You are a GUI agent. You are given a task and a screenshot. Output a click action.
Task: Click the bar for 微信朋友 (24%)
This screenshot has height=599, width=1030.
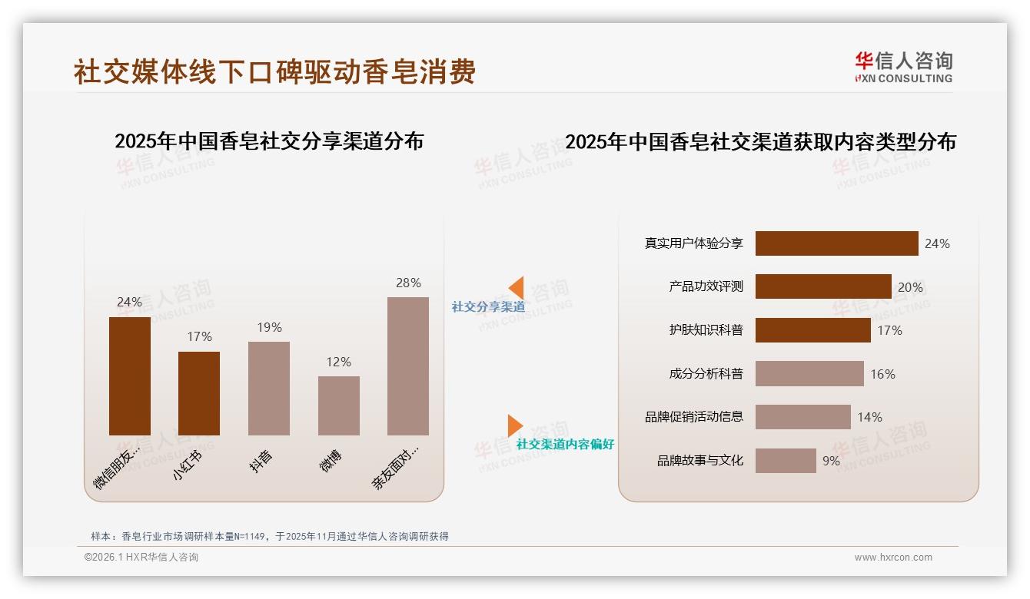tap(129, 376)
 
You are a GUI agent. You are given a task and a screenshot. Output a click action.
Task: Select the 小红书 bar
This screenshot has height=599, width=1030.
tap(199, 393)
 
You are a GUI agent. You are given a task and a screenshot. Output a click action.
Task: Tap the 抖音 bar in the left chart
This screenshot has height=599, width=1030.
tap(269, 389)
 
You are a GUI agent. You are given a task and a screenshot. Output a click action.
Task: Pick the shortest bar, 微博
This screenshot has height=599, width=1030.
tap(339, 405)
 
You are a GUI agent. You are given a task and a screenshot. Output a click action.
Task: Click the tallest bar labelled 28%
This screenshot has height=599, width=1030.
tap(408, 366)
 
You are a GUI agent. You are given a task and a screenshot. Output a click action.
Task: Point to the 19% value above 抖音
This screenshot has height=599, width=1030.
tap(269, 327)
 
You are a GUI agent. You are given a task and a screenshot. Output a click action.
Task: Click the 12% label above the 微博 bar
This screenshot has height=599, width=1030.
tap(339, 362)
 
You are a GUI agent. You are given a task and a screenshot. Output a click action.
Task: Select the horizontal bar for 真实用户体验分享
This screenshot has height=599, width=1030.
tap(836, 243)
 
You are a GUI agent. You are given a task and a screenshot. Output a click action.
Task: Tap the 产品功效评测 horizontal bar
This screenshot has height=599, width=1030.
tap(823, 286)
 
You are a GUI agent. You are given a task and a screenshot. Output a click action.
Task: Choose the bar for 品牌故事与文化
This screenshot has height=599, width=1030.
tap(786, 461)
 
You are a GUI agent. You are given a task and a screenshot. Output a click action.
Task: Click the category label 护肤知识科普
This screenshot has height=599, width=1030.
tap(706, 330)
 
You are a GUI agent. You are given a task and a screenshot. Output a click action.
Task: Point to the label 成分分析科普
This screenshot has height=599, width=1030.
tap(706, 374)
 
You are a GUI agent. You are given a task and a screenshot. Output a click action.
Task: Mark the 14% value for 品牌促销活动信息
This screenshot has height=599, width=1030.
tap(870, 418)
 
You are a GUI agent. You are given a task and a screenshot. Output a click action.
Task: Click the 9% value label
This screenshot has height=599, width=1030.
tap(831, 461)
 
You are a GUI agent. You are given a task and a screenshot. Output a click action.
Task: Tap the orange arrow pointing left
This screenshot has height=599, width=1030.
tap(517, 288)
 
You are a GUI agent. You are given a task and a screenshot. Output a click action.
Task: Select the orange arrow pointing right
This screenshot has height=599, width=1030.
tap(515, 425)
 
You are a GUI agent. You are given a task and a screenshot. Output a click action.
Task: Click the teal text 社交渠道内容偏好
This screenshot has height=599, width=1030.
tap(565, 445)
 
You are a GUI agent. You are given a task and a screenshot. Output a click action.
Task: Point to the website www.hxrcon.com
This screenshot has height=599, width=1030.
tap(893, 558)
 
